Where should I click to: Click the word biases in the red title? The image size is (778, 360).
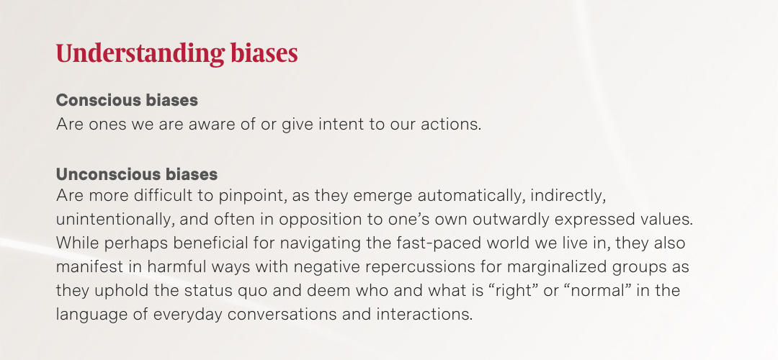point(264,53)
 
